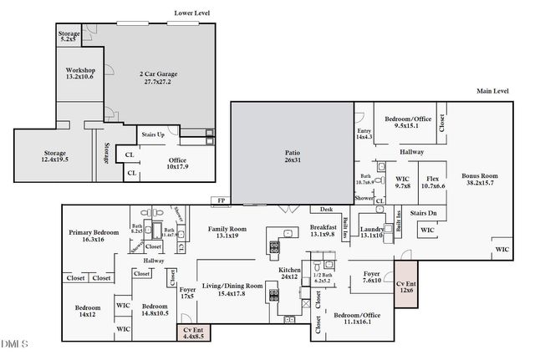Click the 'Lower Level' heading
tap(191, 13)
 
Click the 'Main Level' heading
tap(494, 90)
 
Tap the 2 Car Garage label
tap(155, 79)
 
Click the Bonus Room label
tap(479, 180)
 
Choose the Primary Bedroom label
tap(94, 236)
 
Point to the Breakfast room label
tap(323, 231)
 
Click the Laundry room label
tap(371, 232)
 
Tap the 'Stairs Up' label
tap(153, 134)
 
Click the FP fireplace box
tap(222, 201)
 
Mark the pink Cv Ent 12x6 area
tap(406, 286)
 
